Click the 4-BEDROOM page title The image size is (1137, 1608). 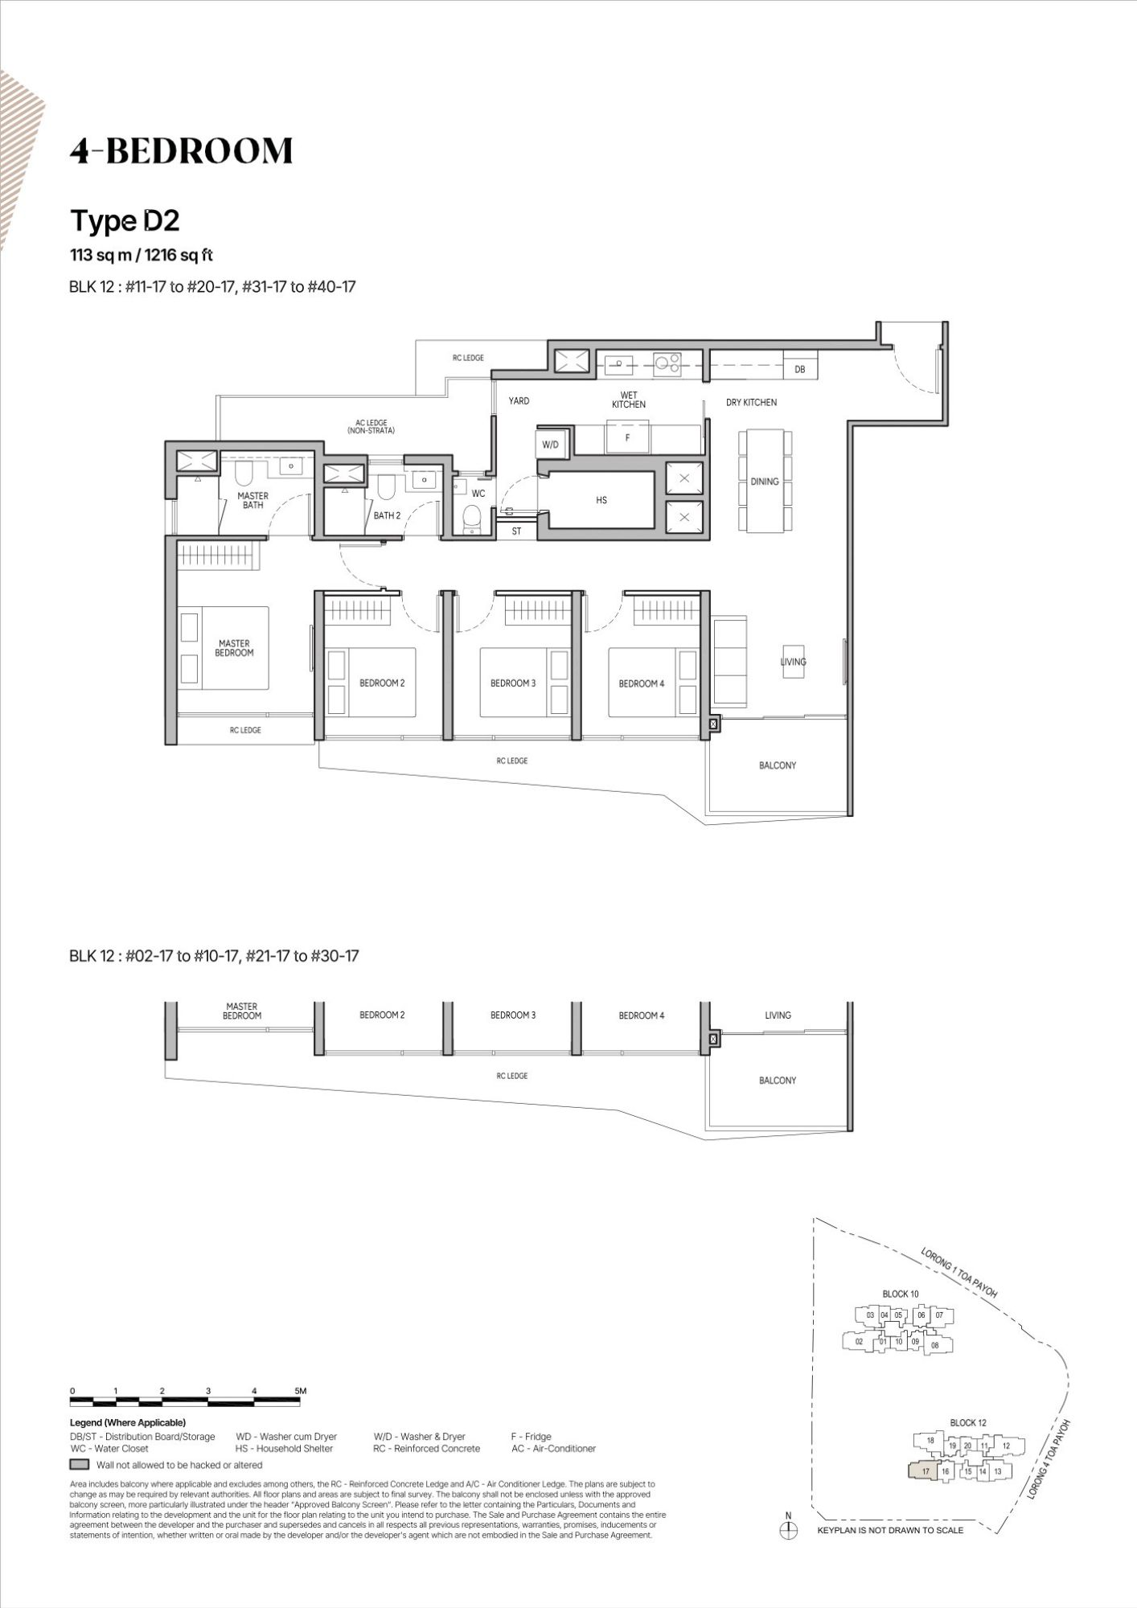tap(181, 151)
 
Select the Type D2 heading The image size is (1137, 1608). tap(125, 220)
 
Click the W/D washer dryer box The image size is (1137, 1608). tap(551, 445)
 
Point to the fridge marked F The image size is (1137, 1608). tap(628, 439)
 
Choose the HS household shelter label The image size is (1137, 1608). tap(601, 500)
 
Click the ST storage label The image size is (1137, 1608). tap(516, 531)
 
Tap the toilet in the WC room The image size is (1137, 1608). tap(474, 518)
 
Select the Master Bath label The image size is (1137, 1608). tap(252, 500)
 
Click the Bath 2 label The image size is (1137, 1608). tap(387, 515)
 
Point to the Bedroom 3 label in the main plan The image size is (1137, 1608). tap(513, 683)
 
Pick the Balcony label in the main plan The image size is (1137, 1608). tap(778, 765)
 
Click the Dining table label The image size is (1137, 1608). tap(765, 482)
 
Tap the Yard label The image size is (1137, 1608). tap(519, 400)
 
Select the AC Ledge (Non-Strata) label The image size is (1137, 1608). tap(371, 427)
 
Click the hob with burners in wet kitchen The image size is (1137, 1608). tap(667, 363)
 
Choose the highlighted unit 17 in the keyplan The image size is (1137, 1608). tap(925, 1471)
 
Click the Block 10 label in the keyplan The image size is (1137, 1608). tap(901, 1294)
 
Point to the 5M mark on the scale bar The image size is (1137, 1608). tap(300, 1390)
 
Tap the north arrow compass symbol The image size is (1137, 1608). tap(788, 1531)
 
